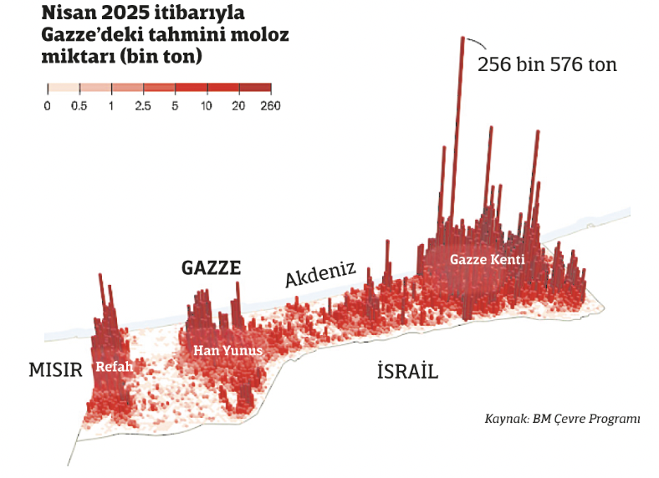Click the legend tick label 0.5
[79, 106]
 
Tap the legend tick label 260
[270, 106]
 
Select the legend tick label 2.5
[143, 106]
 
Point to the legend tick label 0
[48, 106]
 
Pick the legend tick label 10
[207, 106]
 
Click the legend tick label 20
[238, 106]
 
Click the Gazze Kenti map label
[487, 260]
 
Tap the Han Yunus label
[228, 351]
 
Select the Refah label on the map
[115, 366]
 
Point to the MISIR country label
[56, 370]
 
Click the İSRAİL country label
[407, 372]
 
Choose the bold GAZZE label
[212, 268]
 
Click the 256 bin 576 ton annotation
[547, 64]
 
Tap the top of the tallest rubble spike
[461, 38]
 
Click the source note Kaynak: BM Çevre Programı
[562, 419]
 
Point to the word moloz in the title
[260, 37]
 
